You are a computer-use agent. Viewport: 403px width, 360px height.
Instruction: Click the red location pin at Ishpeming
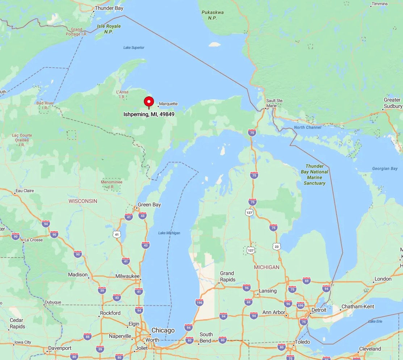pos(149,102)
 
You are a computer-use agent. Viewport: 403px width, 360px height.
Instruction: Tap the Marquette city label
pos(168,104)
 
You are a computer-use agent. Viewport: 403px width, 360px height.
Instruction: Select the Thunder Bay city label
pos(109,8)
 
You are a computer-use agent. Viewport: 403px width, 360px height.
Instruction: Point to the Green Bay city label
pos(149,205)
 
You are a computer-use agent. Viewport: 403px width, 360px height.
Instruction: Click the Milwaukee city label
pos(127,276)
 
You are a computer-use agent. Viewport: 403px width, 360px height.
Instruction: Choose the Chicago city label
pos(163,330)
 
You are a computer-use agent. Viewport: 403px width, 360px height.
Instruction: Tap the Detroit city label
pos(319,310)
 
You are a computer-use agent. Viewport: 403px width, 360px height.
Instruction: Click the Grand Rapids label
pos(227,276)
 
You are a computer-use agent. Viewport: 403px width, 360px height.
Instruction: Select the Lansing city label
pos(268,291)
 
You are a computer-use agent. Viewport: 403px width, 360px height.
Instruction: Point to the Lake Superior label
pos(134,47)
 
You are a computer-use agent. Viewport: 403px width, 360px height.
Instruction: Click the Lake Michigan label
pos(169,233)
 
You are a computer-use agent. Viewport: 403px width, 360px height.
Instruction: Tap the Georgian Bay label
pos(385,168)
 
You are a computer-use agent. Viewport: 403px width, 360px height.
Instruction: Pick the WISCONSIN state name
pos(83,201)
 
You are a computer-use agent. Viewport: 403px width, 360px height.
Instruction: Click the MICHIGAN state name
pos(266,267)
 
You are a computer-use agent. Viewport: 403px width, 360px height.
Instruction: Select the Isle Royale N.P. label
pos(109,29)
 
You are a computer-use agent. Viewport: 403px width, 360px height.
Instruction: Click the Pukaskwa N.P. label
pos(213,15)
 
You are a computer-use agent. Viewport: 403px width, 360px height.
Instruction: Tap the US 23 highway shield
pos(277,246)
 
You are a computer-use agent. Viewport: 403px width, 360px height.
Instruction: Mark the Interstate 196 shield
pos(199,302)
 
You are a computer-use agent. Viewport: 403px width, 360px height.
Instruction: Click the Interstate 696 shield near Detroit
pos(300,305)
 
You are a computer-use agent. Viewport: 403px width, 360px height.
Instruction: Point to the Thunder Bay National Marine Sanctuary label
pos(314,175)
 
